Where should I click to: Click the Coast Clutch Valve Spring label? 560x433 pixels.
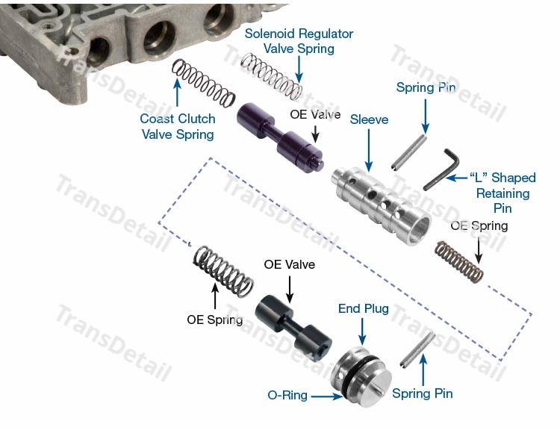pyautogui.click(x=177, y=126)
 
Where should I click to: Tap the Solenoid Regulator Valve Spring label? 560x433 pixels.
pyautogui.click(x=299, y=41)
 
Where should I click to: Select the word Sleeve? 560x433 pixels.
pyautogui.click(x=369, y=119)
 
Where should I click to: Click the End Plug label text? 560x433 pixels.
pyautogui.click(x=364, y=308)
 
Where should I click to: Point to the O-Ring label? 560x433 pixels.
pyautogui.click(x=287, y=396)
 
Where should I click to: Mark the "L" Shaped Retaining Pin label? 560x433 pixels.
pyautogui.click(x=502, y=193)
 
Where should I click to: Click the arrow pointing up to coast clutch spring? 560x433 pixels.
pyautogui.click(x=177, y=93)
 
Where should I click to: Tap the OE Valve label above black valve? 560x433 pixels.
pyautogui.click(x=289, y=265)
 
